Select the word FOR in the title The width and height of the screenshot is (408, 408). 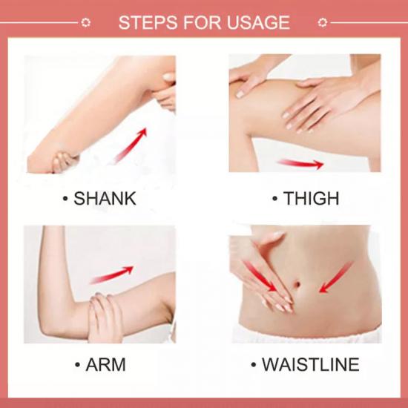[203, 22]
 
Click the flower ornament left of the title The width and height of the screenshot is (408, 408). [85, 23]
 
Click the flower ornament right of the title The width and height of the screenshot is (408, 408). [323, 23]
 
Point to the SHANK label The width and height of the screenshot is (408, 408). [105, 199]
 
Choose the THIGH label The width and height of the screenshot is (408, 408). [311, 199]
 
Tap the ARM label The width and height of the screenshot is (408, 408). [105, 364]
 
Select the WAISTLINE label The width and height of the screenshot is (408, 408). [311, 364]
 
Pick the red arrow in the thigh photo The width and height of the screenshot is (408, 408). [300, 164]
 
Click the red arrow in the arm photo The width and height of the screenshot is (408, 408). [111, 274]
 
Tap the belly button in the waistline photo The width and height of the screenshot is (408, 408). [297, 283]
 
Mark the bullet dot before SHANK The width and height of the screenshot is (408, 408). [65, 199]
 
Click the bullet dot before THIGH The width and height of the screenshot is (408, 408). [274, 199]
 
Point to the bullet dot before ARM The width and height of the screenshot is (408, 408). [77, 365]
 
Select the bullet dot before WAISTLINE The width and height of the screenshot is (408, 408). [254, 365]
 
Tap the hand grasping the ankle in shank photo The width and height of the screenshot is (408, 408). [64, 161]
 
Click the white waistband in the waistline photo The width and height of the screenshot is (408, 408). [307, 335]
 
